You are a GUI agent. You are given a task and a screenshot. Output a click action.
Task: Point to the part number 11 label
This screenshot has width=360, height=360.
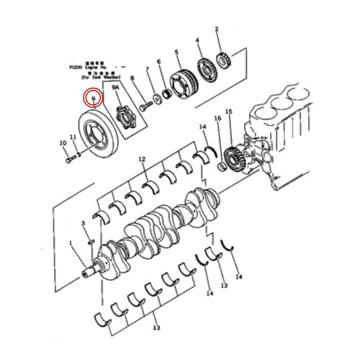tap(73, 136)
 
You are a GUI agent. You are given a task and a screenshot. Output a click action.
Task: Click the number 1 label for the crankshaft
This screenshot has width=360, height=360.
tap(71, 243)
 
